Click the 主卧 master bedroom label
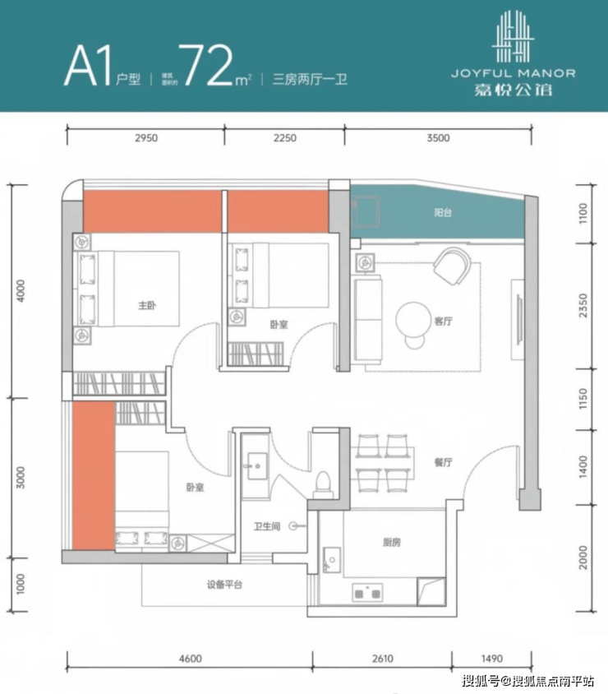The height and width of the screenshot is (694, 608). (147, 305)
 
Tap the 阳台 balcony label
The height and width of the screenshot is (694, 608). (443, 212)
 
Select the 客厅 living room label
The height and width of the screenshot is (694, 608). (443, 322)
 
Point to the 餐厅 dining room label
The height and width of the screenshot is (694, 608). (443, 462)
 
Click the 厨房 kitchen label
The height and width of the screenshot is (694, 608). (392, 542)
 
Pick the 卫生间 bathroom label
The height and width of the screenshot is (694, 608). (267, 526)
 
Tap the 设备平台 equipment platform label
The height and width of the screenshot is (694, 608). (224, 585)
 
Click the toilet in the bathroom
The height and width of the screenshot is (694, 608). (323, 484)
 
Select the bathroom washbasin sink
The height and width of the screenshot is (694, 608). (257, 465)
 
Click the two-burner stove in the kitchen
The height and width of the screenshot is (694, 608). (367, 593)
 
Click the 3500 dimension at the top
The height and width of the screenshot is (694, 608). (438, 138)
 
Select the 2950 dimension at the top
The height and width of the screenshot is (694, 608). (146, 138)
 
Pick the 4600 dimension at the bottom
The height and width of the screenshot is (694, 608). (191, 659)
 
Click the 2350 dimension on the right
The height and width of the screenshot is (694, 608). (583, 305)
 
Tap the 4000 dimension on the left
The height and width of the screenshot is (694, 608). (21, 291)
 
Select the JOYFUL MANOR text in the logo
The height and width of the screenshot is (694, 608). (514, 73)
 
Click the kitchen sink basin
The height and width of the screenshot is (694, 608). (332, 560)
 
